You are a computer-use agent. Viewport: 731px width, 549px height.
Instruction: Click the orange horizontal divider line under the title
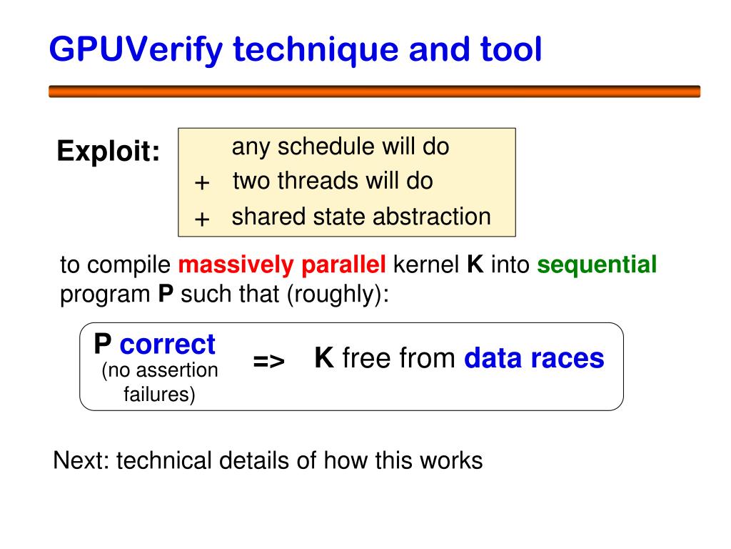click(x=375, y=91)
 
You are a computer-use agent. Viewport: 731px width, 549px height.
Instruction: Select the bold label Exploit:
click(x=109, y=152)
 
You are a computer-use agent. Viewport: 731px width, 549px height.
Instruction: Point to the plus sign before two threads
click(x=202, y=184)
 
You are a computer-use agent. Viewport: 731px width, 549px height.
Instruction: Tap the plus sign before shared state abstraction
click(x=202, y=219)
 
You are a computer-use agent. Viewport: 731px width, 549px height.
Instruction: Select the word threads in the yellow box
click(x=319, y=181)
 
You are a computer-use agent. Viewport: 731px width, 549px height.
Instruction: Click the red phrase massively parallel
click(x=282, y=265)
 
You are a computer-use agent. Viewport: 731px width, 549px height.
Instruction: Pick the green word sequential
click(x=597, y=265)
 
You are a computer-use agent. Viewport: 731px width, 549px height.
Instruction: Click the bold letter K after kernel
click(x=475, y=265)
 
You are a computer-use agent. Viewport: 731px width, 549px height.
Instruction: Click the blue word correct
click(x=167, y=345)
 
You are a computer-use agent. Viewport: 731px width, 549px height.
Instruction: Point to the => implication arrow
click(x=269, y=362)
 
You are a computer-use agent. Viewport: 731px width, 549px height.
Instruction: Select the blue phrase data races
click(x=534, y=358)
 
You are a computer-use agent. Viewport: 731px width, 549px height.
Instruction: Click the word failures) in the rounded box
click(x=159, y=394)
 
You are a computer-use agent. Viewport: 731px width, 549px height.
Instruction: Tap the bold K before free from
click(x=324, y=358)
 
